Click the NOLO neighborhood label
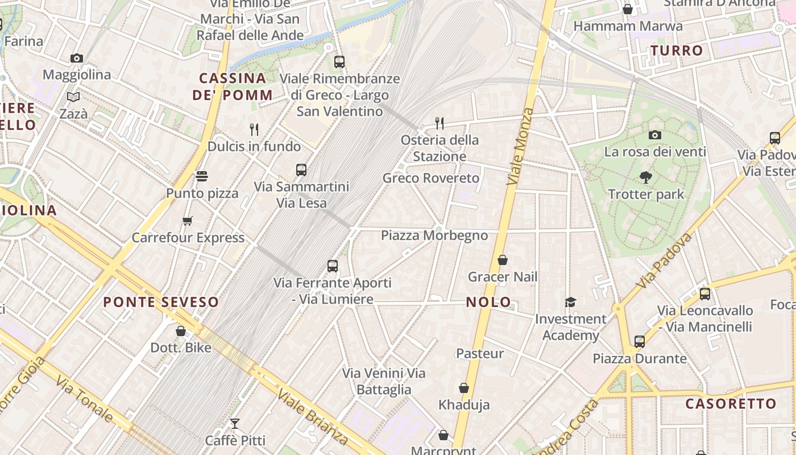488,302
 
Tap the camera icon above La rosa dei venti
655,135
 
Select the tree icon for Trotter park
645,177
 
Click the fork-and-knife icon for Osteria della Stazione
439,123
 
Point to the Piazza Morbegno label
434,235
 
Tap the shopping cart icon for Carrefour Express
187,221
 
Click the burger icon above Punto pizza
202,176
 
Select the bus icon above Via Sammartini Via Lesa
301,169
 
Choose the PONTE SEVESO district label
161,302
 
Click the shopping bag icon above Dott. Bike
181,330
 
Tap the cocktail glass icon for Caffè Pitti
234,424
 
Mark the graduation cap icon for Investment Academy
570,302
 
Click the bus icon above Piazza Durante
640,342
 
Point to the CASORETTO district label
731,404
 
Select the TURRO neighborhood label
677,51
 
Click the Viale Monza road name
520,147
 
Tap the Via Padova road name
664,259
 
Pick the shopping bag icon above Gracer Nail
503,260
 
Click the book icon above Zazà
73,97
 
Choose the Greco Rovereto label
431,178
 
